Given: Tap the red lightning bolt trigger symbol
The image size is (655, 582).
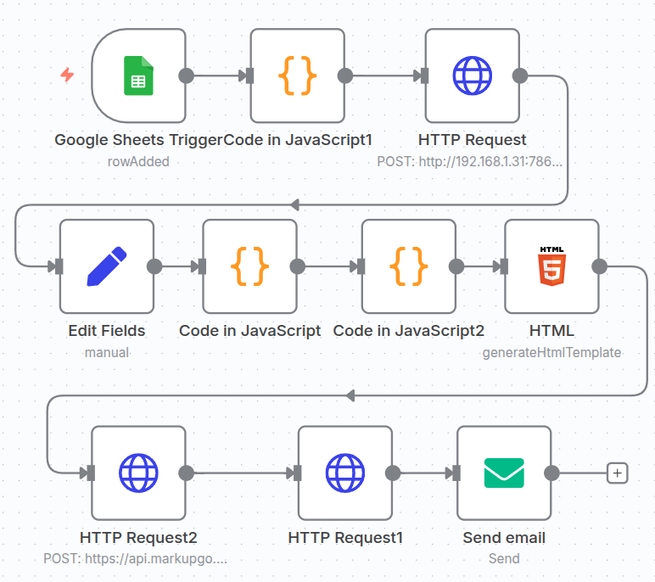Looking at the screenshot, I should tap(67, 75).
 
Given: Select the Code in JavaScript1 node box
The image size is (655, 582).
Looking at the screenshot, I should tap(297, 76).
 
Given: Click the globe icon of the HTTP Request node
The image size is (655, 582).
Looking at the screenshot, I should tap(472, 76).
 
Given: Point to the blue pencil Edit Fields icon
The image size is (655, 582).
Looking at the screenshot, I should tap(107, 266).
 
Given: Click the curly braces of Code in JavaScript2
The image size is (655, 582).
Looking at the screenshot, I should tap(408, 266).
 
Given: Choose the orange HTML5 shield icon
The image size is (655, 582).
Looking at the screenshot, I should tap(551, 266).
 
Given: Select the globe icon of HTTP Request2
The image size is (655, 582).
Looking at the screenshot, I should tap(138, 473).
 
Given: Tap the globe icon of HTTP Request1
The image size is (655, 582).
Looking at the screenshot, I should tap(345, 473).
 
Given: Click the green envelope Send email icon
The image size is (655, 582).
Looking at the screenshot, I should tap(504, 473).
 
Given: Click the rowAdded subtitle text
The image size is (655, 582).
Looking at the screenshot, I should tap(138, 161).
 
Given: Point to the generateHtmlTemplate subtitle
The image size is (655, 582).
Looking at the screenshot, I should tap(551, 352).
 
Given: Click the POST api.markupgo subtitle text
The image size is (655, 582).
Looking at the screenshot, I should tap(136, 559).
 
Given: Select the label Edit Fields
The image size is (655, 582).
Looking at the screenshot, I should tap(107, 331).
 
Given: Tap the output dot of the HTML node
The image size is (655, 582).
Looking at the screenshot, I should tap(599, 266).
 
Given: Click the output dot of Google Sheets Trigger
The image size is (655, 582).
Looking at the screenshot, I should tap(186, 76).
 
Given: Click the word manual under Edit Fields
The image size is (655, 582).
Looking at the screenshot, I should tap(107, 352).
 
